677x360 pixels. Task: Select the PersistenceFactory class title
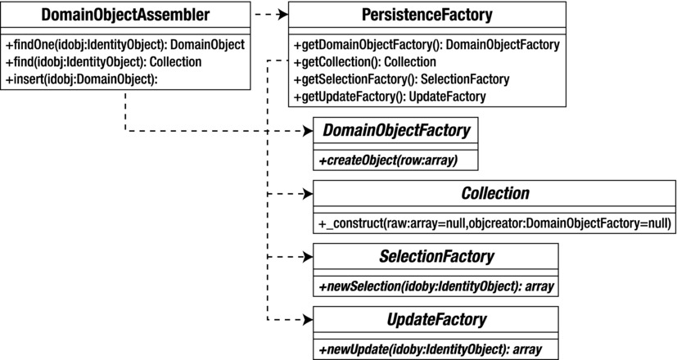pos(427,16)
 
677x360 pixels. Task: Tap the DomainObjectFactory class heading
pos(395,131)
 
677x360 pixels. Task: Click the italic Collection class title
pos(495,194)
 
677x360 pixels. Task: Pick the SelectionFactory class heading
pos(436,257)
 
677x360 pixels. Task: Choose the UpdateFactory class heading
pos(436,320)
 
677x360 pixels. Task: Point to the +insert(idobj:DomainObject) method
pos(80,79)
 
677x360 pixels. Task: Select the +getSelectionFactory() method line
pos(401,79)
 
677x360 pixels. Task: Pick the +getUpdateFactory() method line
pos(390,97)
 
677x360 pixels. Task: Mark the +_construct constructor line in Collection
pos(494,223)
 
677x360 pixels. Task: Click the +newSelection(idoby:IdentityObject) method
pos(436,286)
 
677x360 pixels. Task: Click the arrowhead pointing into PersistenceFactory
pos(282,15)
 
